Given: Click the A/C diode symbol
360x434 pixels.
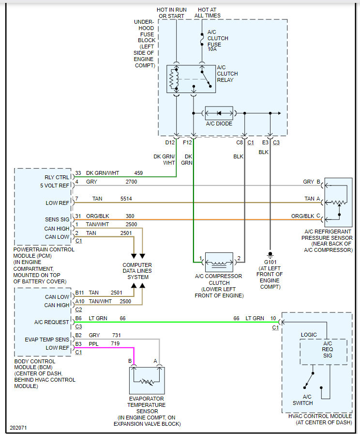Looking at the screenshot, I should click(219, 113).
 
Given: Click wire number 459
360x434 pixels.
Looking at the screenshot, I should click(139, 173).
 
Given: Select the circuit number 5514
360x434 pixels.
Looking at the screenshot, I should click(126, 199).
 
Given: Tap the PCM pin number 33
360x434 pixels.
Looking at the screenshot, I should click(78, 173).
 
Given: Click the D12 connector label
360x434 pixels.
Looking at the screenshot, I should click(170, 142).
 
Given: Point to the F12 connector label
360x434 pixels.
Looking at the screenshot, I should click(188, 142).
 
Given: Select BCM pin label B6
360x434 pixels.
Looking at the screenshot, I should click(78, 318).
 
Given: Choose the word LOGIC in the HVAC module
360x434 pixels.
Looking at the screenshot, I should click(309, 335).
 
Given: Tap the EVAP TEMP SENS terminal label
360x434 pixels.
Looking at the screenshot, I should click(47, 340).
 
